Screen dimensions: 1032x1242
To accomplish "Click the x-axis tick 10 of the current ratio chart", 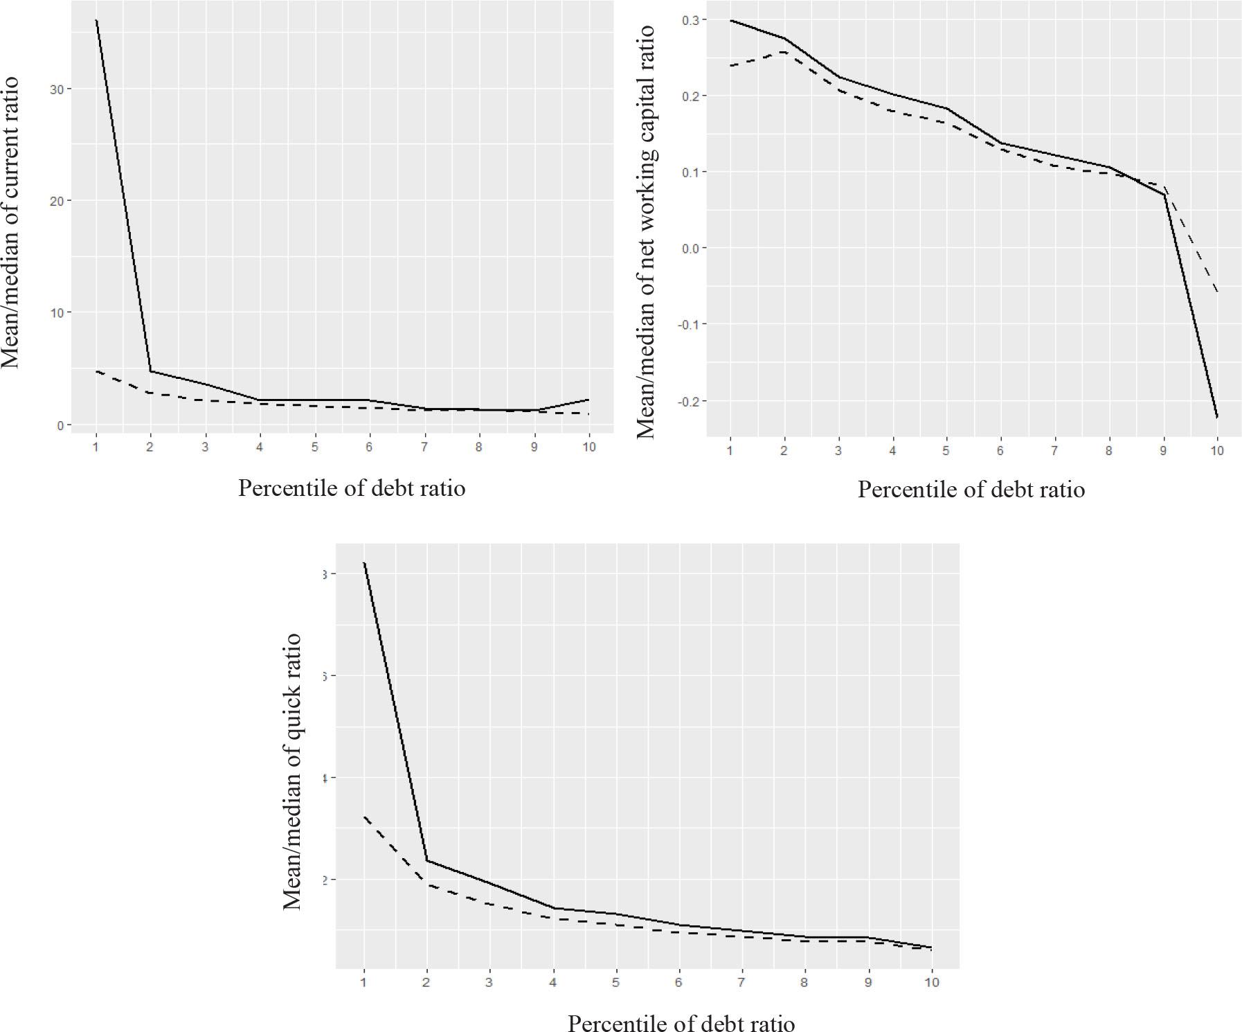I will (588, 447).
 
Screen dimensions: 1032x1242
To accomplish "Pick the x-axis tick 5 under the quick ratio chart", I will (615, 982).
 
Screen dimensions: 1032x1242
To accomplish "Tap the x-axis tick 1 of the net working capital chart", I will (730, 450).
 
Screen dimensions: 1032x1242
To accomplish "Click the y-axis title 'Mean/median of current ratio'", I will (10, 223).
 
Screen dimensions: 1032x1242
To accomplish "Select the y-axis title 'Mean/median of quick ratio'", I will (293, 771).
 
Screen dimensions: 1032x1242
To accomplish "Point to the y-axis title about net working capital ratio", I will (646, 232).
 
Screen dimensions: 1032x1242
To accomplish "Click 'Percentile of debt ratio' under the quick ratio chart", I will (681, 1023).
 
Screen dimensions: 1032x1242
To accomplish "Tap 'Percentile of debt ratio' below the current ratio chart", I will (352, 488).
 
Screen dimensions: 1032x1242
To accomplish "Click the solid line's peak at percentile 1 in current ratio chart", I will (96, 21).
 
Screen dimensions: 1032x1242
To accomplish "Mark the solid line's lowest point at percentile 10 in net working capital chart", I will (1217, 417).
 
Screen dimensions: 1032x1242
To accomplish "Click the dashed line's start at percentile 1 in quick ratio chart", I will (364, 817).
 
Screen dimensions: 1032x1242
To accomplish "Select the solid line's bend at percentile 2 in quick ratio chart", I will (426, 861).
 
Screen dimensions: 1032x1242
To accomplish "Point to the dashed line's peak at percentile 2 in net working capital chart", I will (784, 52).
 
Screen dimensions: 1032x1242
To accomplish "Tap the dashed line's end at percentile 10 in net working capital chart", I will (1217, 291).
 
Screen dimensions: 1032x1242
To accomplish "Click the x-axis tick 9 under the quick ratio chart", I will (868, 982).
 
